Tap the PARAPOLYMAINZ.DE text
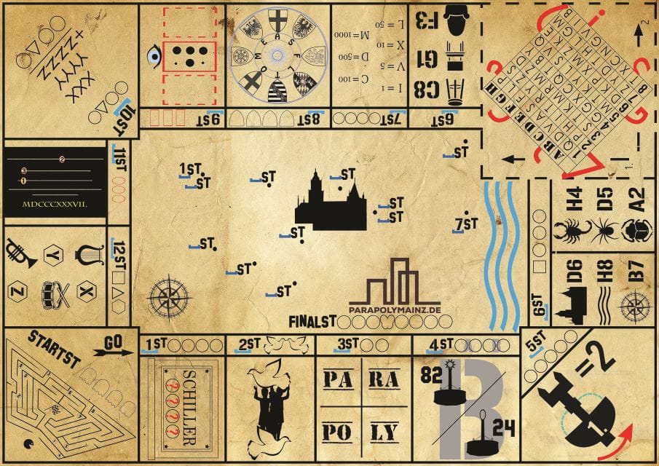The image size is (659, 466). click(395, 309)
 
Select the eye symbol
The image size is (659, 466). click(153, 55)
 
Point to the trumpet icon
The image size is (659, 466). click(22, 255)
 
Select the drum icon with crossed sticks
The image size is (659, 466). click(54, 293)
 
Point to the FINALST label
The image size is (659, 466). click(311, 320)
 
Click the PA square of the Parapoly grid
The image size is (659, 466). click(338, 379)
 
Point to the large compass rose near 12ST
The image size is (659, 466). click(170, 297)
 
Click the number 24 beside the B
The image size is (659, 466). click(500, 427)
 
